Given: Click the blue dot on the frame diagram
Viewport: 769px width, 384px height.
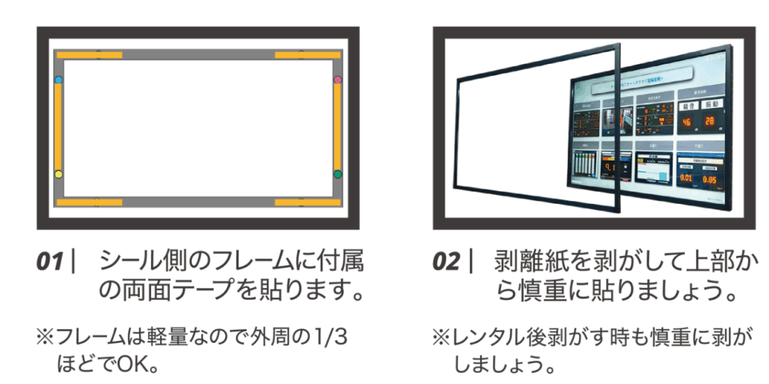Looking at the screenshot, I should pos(59,79).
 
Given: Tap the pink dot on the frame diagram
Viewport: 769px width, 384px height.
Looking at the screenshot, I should pos(338,79).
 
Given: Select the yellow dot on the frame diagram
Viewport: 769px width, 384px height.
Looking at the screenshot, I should pos(59,174).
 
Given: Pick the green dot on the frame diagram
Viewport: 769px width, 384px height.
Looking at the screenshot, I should pos(338,174).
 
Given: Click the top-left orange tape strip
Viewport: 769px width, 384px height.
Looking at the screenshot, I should pos(89,55).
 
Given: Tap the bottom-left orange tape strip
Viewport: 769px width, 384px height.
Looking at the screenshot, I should pos(89,202).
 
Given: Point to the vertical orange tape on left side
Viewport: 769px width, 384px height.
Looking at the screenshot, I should pos(59,126).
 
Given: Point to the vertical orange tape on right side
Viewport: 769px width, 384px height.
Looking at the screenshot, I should pos(338,126).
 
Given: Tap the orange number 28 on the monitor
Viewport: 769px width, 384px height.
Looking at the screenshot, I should pos(710,123).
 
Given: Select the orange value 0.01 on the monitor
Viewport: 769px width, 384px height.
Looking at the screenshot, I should pos(687,179).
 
